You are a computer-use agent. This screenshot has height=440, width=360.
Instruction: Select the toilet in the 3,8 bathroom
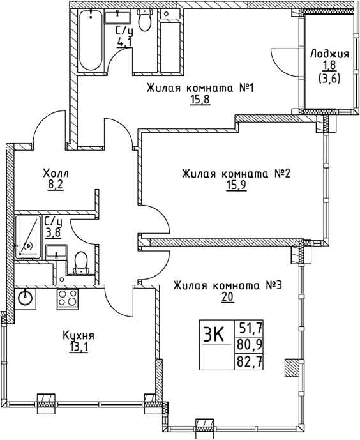81,261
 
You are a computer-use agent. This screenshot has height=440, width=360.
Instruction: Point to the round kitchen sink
26,296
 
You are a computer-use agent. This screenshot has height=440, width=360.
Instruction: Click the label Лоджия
329,54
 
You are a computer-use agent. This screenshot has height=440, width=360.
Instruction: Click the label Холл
56,173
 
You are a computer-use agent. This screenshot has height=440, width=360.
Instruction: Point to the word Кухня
79,336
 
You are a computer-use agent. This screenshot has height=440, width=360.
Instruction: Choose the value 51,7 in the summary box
251,330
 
